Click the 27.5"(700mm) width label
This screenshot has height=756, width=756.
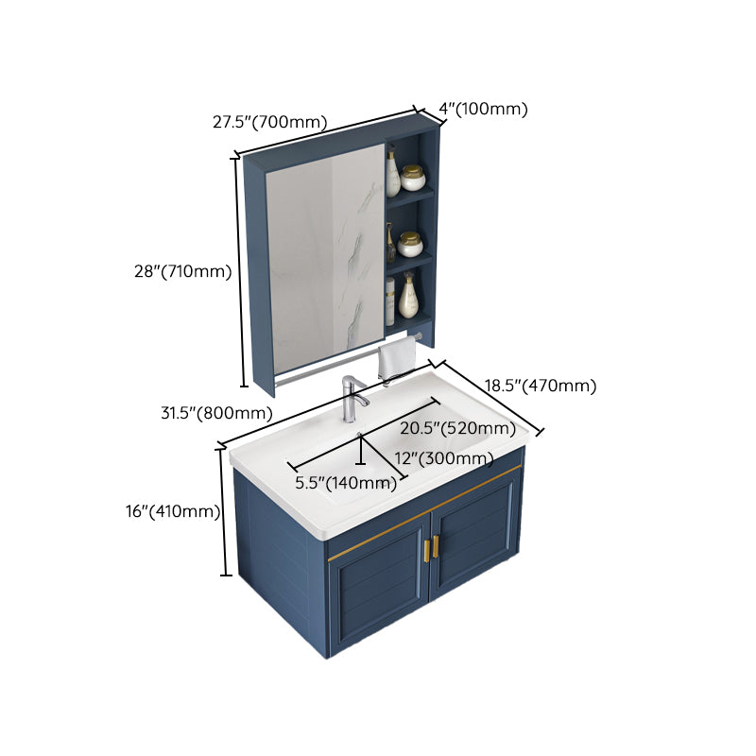click(x=269, y=122)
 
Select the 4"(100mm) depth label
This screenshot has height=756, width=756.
click(x=485, y=109)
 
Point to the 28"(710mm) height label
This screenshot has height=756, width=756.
click(x=182, y=271)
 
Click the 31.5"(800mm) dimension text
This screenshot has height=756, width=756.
click(x=217, y=412)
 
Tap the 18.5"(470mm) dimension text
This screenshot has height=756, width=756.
click(x=541, y=385)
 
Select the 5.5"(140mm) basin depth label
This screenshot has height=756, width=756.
click(x=345, y=483)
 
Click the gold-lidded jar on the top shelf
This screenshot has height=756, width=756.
click(x=413, y=177)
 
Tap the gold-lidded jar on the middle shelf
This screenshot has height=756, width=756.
click(x=409, y=245)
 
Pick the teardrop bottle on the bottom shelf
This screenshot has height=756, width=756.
click(x=408, y=298)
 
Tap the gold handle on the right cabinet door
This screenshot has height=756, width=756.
click(x=436, y=547)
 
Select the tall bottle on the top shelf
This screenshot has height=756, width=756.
click(x=392, y=173)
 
